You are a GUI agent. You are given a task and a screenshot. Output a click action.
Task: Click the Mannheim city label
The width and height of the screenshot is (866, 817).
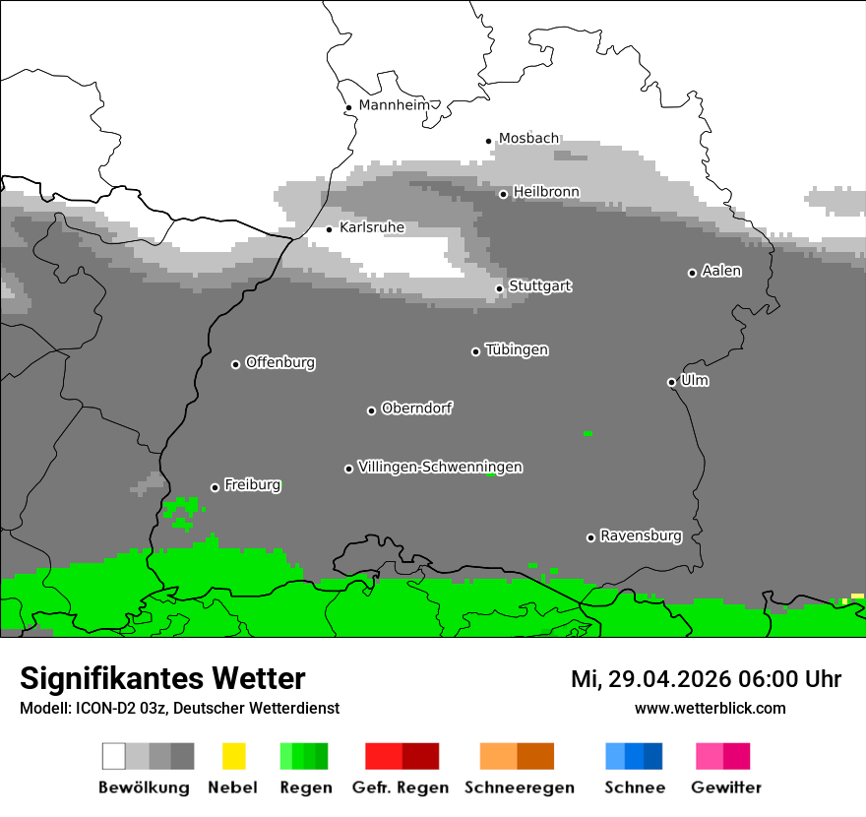pyautogui.click(x=395, y=105)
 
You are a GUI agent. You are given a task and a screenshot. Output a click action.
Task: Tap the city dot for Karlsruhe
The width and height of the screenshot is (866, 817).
pyautogui.click(x=330, y=229)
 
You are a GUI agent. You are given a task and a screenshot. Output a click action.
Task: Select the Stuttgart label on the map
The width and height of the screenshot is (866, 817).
pyautogui.click(x=540, y=286)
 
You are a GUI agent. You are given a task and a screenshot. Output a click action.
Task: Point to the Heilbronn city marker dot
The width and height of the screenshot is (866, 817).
pyautogui.click(x=503, y=194)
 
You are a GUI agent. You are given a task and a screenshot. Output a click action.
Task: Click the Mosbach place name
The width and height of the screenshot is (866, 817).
pyautogui.click(x=528, y=139)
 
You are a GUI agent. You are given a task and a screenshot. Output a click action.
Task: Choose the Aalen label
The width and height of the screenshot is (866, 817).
pyautogui.click(x=721, y=271)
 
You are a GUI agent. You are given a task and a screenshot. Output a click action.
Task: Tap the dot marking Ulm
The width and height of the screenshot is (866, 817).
pyautogui.click(x=671, y=382)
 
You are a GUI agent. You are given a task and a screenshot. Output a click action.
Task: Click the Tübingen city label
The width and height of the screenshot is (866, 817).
pyautogui.click(x=517, y=350)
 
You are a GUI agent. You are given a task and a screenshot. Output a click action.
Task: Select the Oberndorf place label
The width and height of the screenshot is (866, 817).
pyautogui.click(x=417, y=408)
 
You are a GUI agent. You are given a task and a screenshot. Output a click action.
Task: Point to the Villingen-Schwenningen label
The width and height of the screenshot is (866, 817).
pyautogui.click(x=440, y=468)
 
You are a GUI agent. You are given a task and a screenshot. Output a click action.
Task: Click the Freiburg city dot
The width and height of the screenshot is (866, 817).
pyautogui.click(x=215, y=487)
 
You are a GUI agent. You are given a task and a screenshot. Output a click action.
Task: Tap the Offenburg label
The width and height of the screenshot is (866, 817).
pyautogui.click(x=280, y=362)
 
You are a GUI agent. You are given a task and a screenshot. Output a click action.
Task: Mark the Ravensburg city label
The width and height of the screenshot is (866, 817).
pyautogui.click(x=641, y=536)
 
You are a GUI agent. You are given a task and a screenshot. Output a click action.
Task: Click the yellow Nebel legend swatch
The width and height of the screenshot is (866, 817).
pyautogui.click(x=233, y=756)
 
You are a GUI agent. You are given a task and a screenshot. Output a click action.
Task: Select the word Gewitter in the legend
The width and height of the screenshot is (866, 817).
pyautogui.click(x=726, y=787)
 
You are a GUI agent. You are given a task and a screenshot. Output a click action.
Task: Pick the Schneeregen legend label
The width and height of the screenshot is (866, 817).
pyautogui.click(x=520, y=787)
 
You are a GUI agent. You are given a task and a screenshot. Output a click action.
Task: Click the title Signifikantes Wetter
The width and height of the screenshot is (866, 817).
pyautogui.click(x=162, y=678)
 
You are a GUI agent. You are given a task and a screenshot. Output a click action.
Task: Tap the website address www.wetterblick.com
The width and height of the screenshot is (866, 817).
pyautogui.click(x=710, y=708)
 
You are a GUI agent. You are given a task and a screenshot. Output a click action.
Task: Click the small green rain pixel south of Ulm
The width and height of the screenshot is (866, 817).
pyautogui.click(x=588, y=433)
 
